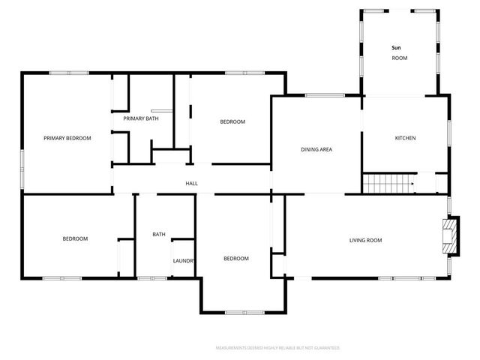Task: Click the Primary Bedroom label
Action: click(x=67, y=138)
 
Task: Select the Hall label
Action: click(x=191, y=183)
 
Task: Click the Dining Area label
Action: click(x=316, y=149)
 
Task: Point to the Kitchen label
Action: click(x=405, y=138)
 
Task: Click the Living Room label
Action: click(x=365, y=240)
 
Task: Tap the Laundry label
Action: click(x=184, y=261)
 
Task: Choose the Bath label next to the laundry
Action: click(x=159, y=234)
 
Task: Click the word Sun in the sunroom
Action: click(x=396, y=48)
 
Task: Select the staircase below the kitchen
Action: click(x=388, y=183)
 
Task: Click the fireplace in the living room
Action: click(x=450, y=236)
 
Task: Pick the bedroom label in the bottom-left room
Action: click(x=74, y=238)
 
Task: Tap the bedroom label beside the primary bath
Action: click(x=232, y=121)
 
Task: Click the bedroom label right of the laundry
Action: click(x=235, y=258)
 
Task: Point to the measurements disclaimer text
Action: click(x=277, y=348)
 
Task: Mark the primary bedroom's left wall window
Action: click(x=22, y=169)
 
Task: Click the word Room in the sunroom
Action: click(x=399, y=58)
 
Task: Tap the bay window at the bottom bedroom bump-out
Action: click(x=244, y=312)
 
